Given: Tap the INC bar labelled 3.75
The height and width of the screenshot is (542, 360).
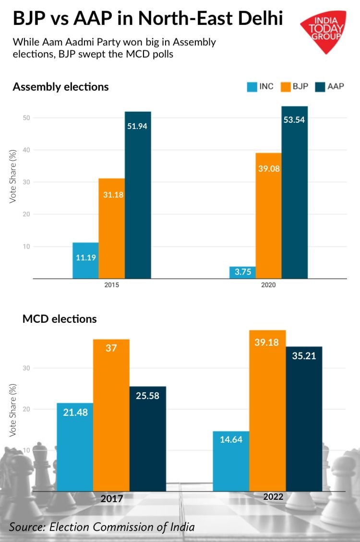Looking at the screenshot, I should click(x=242, y=272).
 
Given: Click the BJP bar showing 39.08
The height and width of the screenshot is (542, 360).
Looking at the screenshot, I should click(x=268, y=215).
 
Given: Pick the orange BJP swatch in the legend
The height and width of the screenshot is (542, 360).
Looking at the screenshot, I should click(x=286, y=87).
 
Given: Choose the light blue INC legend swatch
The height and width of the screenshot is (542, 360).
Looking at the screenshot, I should click(x=252, y=87).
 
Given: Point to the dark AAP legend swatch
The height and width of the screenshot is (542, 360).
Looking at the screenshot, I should click(x=320, y=87).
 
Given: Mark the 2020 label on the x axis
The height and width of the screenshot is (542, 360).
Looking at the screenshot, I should click(x=268, y=285).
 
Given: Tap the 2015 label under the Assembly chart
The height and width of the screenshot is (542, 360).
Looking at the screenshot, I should click(x=112, y=285).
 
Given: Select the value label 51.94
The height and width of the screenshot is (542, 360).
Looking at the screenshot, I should click(x=138, y=126).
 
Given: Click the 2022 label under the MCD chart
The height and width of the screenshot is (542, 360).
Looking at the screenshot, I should click(x=273, y=497).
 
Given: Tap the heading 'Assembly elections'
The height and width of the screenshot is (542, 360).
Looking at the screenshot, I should click(x=60, y=87).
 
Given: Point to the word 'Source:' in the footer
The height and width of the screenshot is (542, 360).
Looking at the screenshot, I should click(x=26, y=527).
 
